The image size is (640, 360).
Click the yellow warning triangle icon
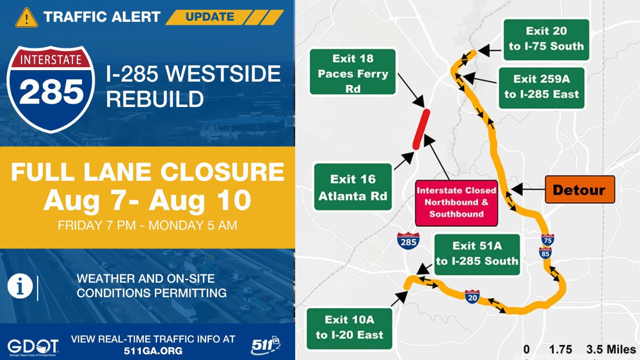(26, 18)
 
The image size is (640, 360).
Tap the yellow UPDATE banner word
(210, 17)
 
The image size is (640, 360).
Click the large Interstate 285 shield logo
(51, 89)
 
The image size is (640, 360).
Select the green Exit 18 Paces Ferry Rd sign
(352, 72)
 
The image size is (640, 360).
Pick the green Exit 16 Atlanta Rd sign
(353, 187)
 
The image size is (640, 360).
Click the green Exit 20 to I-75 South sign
(546, 40)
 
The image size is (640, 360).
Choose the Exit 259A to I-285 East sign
(542, 88)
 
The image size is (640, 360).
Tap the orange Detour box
(580, 190)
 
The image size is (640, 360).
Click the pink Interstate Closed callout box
(456, 203)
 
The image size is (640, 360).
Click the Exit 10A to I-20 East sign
(350, 328)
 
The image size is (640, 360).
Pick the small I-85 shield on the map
(545, 253)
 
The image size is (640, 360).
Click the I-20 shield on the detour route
(472, 297)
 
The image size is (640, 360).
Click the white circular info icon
(20, 286)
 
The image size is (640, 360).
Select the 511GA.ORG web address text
(153, 350)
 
